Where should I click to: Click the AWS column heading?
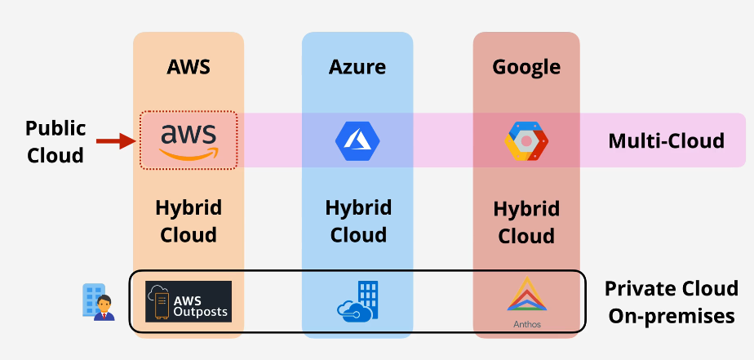[x=188, y=67]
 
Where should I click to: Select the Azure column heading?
[x=357, y=67]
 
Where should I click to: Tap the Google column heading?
[x=526, y=67]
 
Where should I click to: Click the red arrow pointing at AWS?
[x=115, y=141]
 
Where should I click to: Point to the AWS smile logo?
[x=188, y=140]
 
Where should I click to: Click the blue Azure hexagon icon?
[x=357, y=140]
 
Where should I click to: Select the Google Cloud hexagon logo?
[x=526, y=140]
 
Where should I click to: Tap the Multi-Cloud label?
[x=666, y=141]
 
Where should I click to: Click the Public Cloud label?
[x=55, y=141]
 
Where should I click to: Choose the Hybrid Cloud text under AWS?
[x=188, y=221]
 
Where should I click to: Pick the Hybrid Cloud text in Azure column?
[x=357, y=221]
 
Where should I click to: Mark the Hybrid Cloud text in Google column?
[x=526, y=223]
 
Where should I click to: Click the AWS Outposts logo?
[x=188, y=301]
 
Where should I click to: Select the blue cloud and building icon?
[x=358, y=301]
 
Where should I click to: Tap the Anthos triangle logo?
[x=526, y=296]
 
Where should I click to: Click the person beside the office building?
[x=103, y=307]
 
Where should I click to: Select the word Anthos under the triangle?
[x=526, y=323]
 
